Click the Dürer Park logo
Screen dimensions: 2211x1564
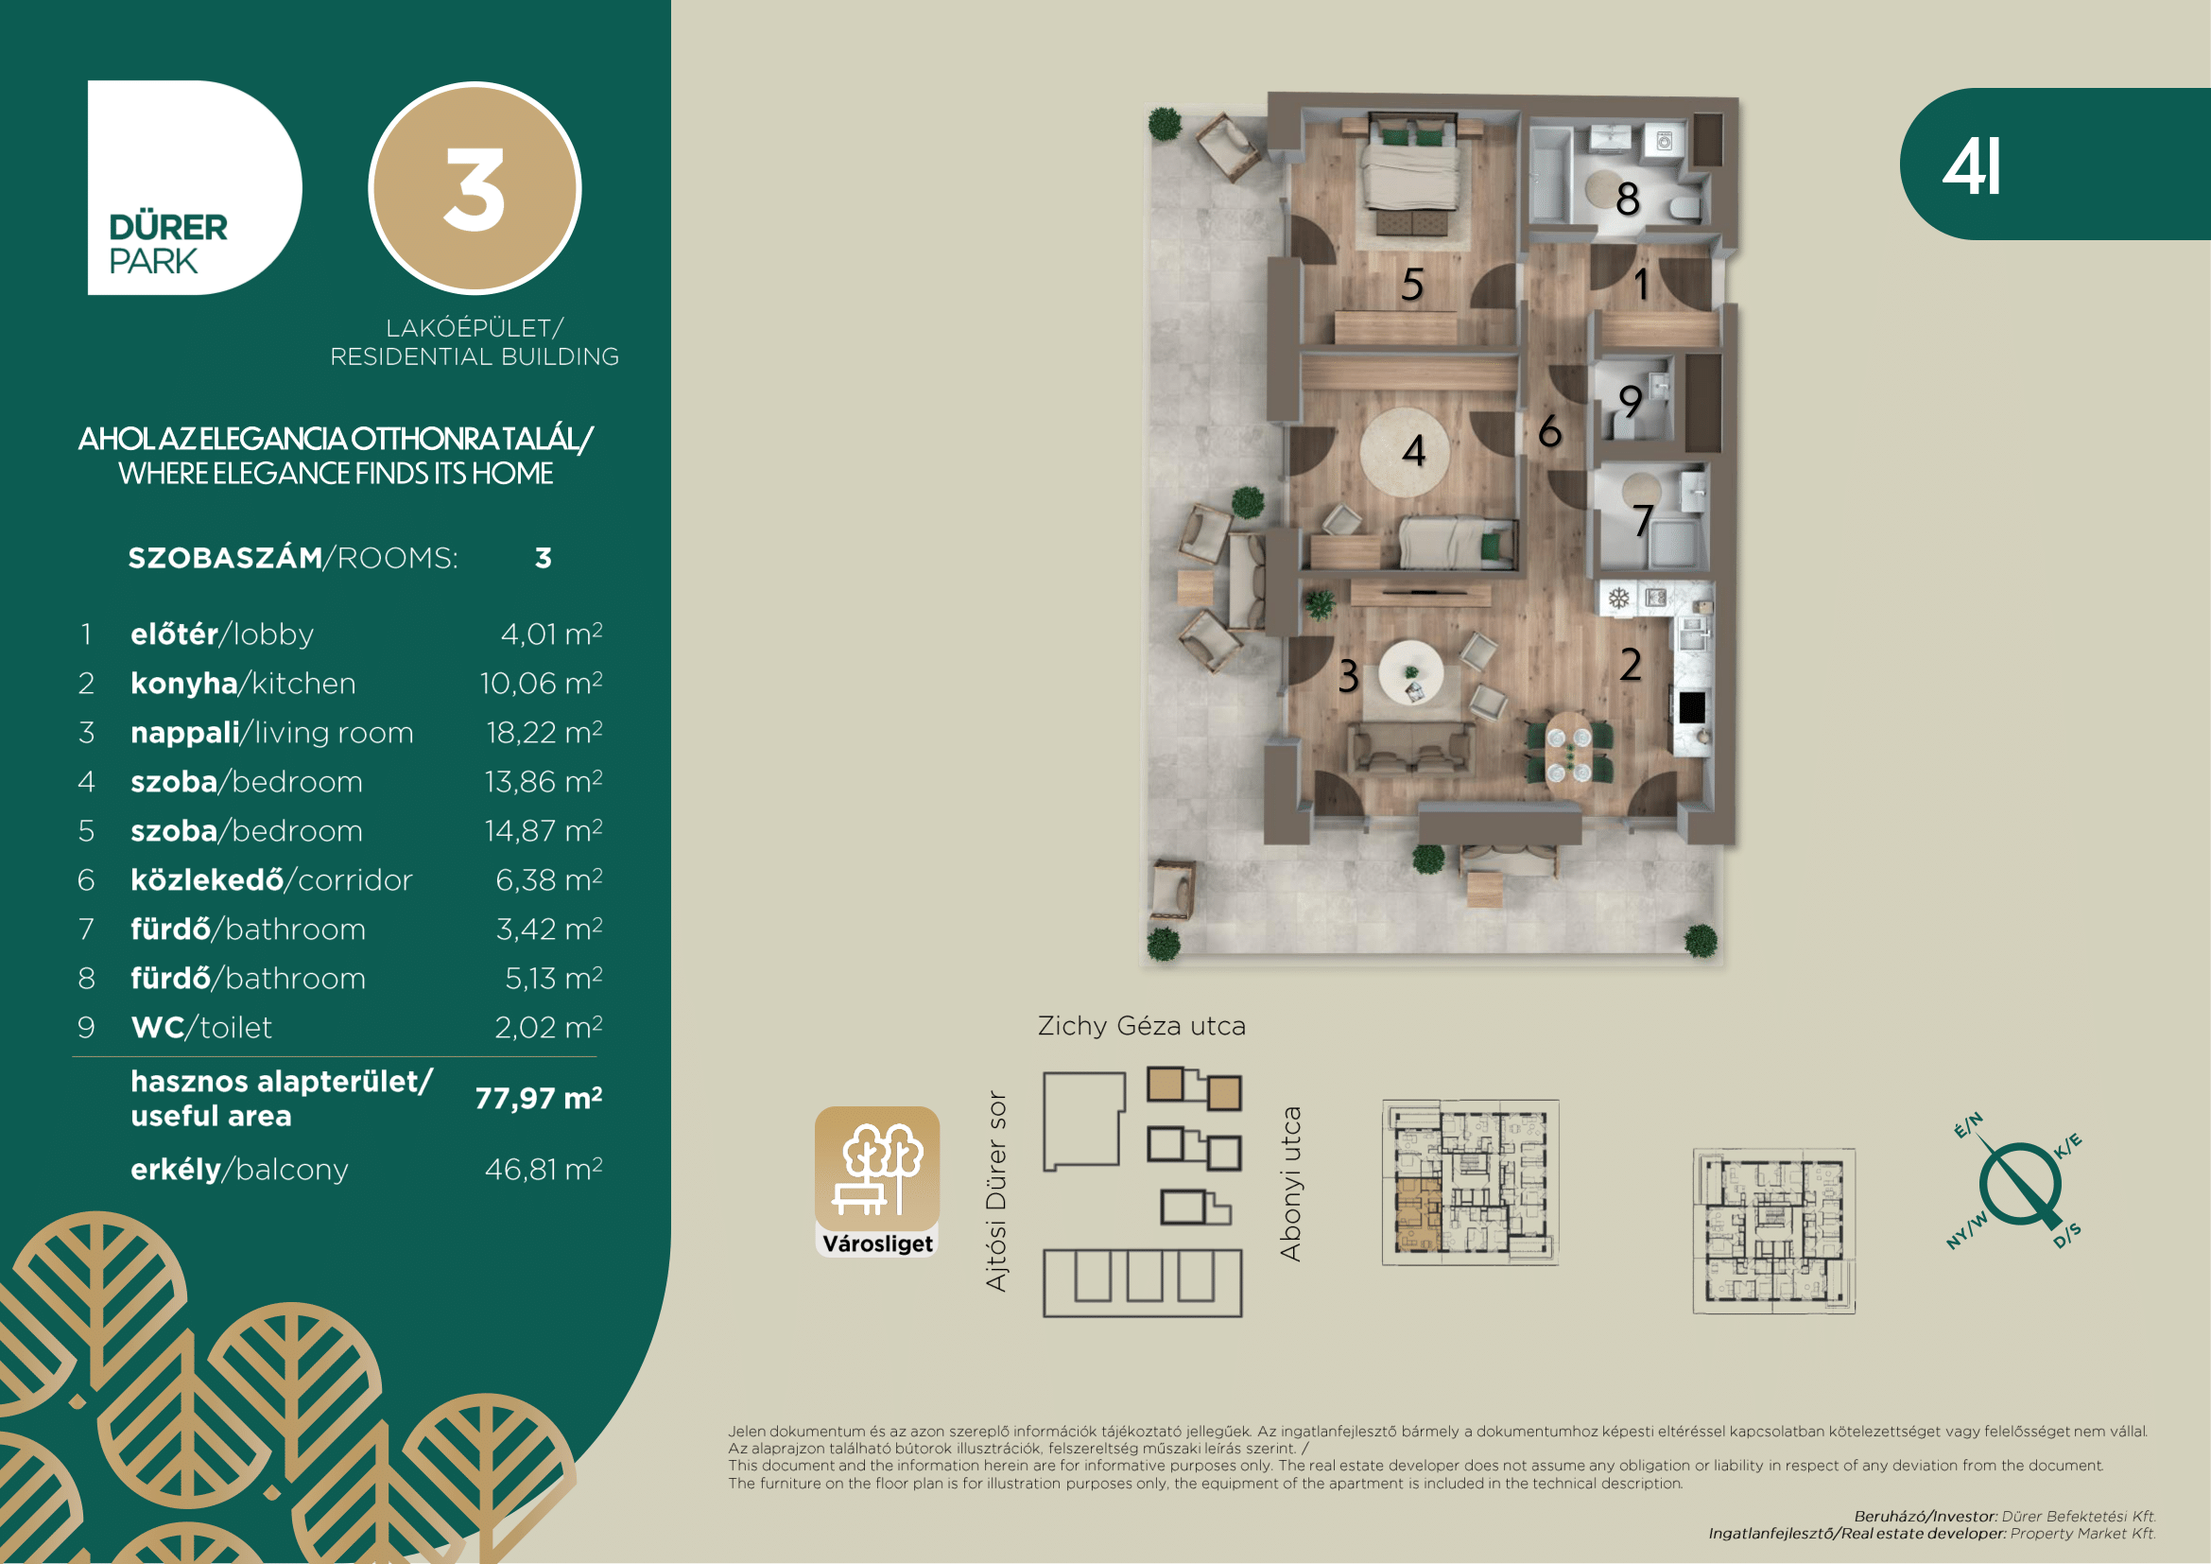195,188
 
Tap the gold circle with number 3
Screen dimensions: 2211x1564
475,189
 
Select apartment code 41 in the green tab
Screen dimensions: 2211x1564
1971,166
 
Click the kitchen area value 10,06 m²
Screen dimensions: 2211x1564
542,683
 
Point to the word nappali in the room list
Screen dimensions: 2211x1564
185,733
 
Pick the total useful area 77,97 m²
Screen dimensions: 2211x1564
539,1098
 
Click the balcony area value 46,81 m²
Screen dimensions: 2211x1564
544,1169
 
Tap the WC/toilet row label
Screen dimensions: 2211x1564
201,1028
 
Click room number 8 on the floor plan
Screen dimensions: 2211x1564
1628,200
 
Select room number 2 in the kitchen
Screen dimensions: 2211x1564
1631,665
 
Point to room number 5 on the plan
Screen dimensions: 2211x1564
1412,284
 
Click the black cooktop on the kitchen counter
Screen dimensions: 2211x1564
1692,707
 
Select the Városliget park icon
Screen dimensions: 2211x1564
877,1182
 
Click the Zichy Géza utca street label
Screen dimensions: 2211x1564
1142,1026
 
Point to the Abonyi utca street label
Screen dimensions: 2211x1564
1290,1184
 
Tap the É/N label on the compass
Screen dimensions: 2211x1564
1968,1125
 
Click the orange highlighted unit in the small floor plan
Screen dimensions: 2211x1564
1418,1214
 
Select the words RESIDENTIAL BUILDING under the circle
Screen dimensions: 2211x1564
475,357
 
